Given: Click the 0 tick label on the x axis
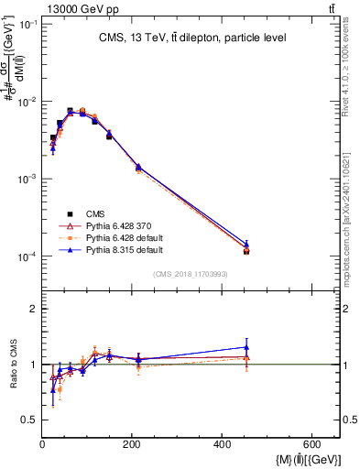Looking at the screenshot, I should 42,446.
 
